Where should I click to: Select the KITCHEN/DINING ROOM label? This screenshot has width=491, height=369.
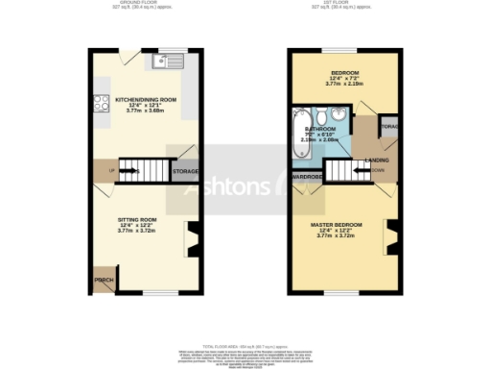147,99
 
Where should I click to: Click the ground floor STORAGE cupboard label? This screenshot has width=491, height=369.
185,172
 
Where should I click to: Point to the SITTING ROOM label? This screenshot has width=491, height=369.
129,220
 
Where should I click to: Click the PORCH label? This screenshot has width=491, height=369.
103,281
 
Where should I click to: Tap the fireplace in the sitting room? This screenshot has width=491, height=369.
192,237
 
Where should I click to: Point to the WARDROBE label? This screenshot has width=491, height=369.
307,177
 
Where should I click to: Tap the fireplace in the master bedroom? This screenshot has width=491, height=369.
391,237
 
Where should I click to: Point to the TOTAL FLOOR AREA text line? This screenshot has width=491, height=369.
245,343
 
